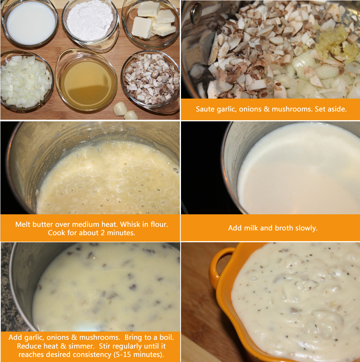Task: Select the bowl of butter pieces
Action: click(x=151, y=23)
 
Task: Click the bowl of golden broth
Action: click(x=87, y=81)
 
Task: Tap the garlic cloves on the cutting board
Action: click(x=126, y=111)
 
